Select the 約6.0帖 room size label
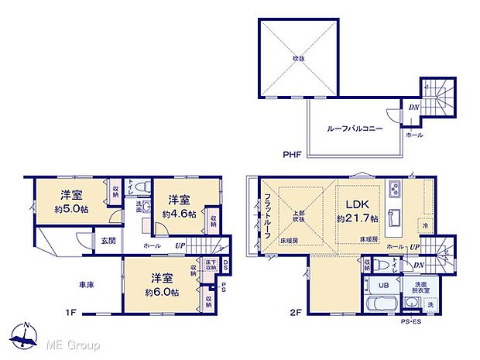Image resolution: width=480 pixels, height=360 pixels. [161, 293]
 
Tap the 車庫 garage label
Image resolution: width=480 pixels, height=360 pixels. [85, 285]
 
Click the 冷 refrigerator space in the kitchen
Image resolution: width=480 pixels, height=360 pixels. [425, 225]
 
